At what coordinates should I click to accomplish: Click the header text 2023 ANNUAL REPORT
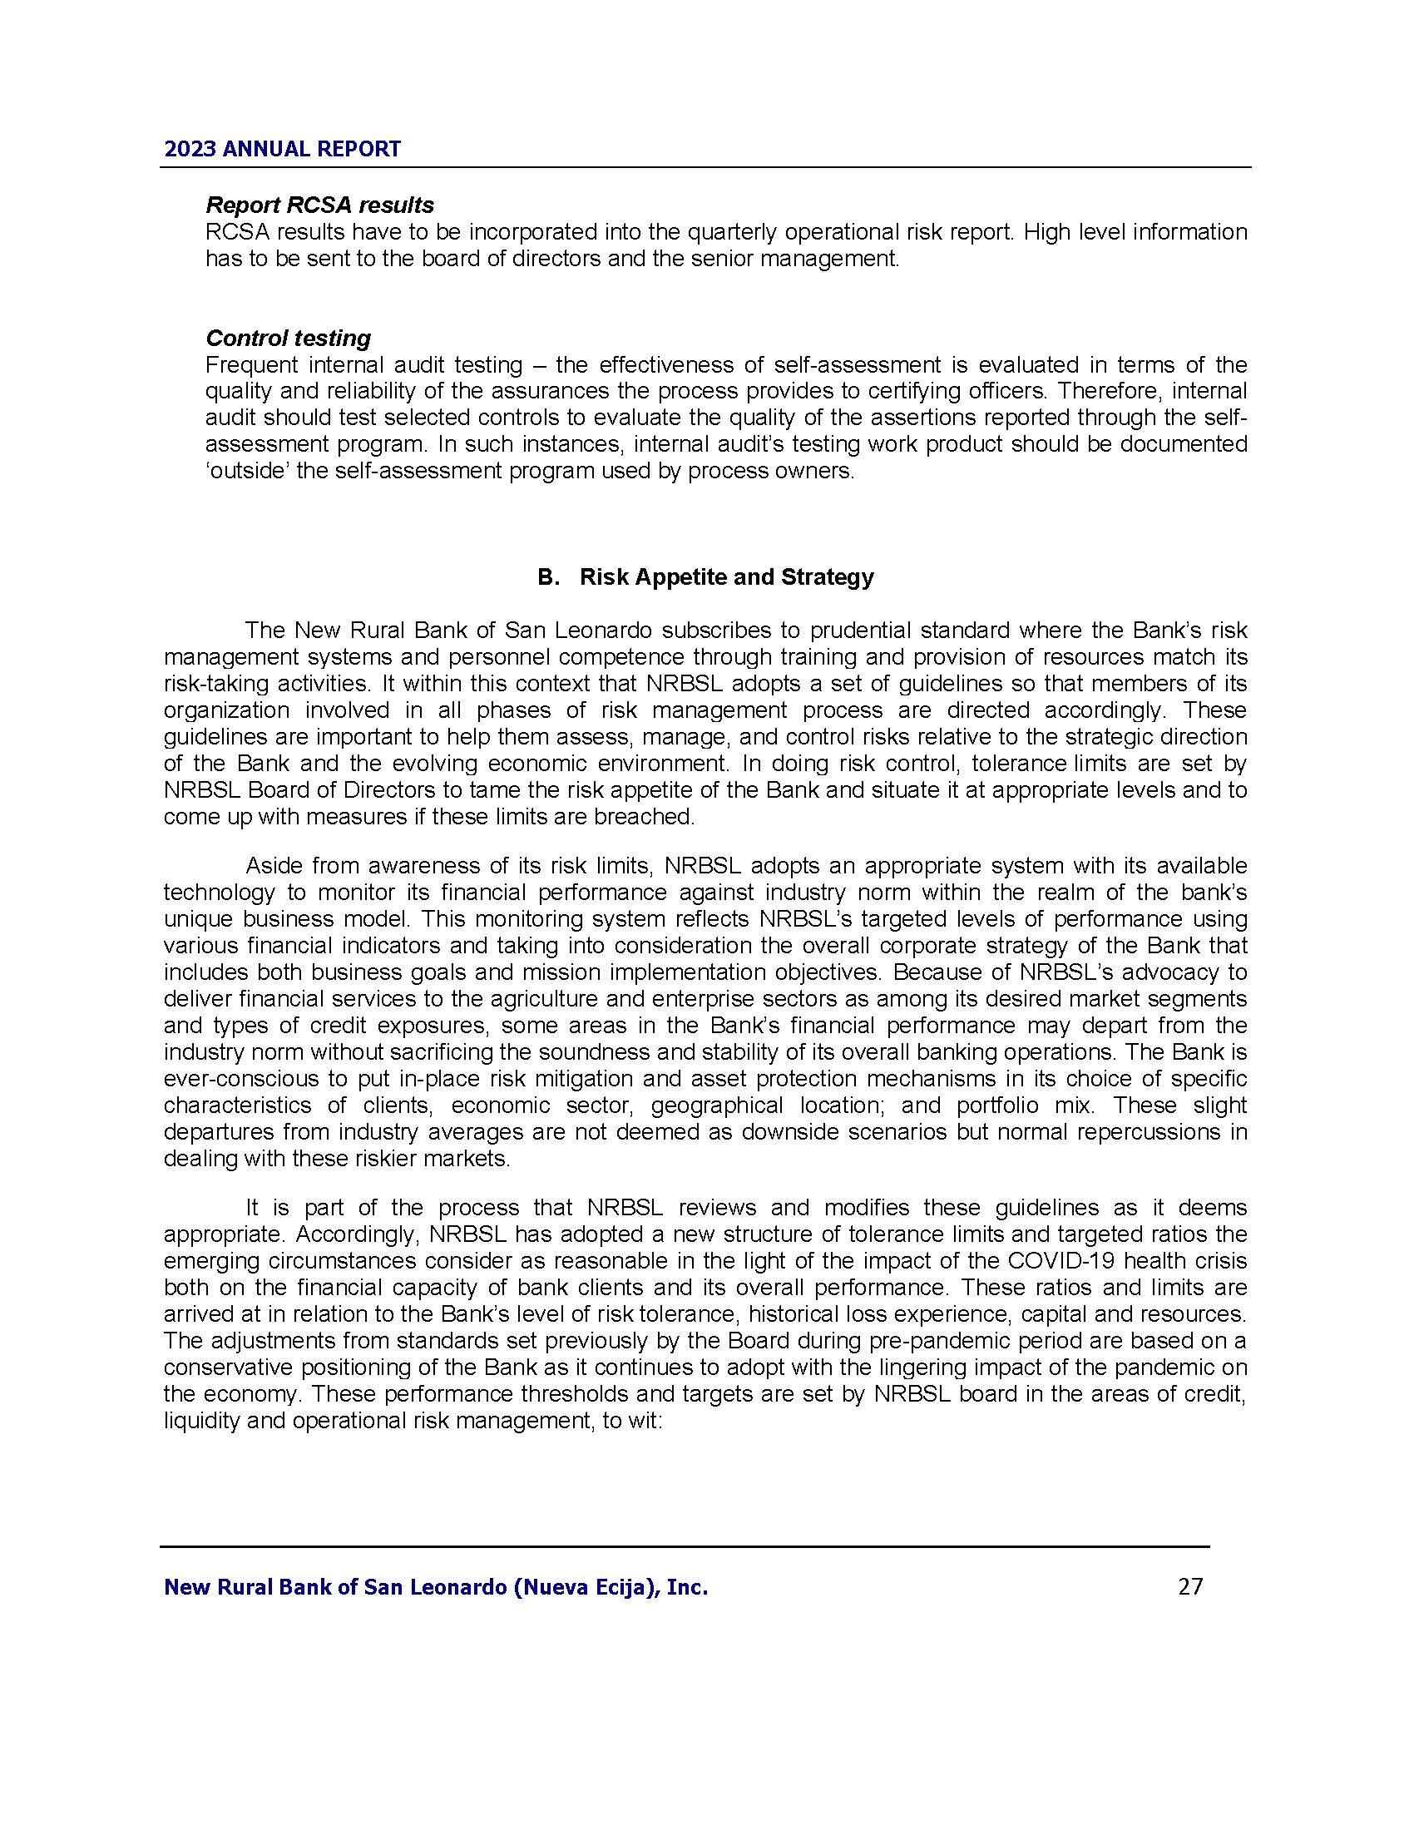click(282, 149)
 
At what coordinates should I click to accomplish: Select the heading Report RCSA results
click(319, 205)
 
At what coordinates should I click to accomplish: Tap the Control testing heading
click(287, 338)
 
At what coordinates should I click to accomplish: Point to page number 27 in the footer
click(1190, 1586)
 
